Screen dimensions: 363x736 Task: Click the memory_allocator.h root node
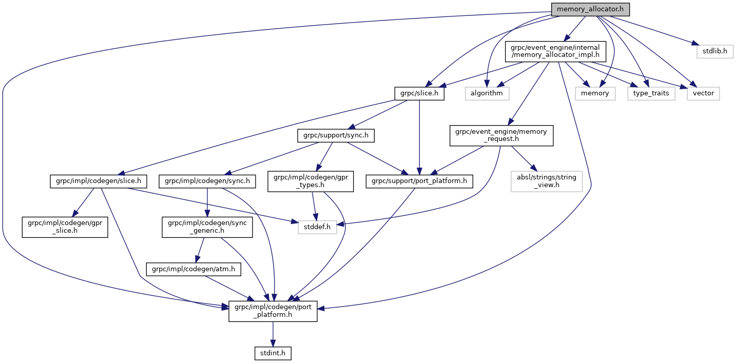[590, 9]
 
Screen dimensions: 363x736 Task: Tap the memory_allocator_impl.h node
[552, 52]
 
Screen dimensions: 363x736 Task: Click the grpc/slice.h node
[419, 93]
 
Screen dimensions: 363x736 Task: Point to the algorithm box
[487, 93]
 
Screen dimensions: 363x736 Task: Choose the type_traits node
[651, 93]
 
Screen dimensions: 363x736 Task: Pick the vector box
[704, 93]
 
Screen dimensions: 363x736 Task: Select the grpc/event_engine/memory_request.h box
[501, 136]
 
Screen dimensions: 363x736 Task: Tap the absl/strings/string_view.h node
[547, 181]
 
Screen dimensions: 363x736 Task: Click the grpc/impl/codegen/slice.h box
[98, 181]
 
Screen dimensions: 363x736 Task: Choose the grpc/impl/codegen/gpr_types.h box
[311, 181]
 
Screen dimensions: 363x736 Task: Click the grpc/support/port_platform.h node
[419, 181]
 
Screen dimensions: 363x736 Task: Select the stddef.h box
[317, 226]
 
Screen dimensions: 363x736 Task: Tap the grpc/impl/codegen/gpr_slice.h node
[65, 226]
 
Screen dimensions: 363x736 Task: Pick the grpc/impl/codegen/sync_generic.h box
[207, 226]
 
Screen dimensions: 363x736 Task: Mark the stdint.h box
[273, 353]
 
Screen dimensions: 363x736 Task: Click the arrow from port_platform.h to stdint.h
[273, 334]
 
